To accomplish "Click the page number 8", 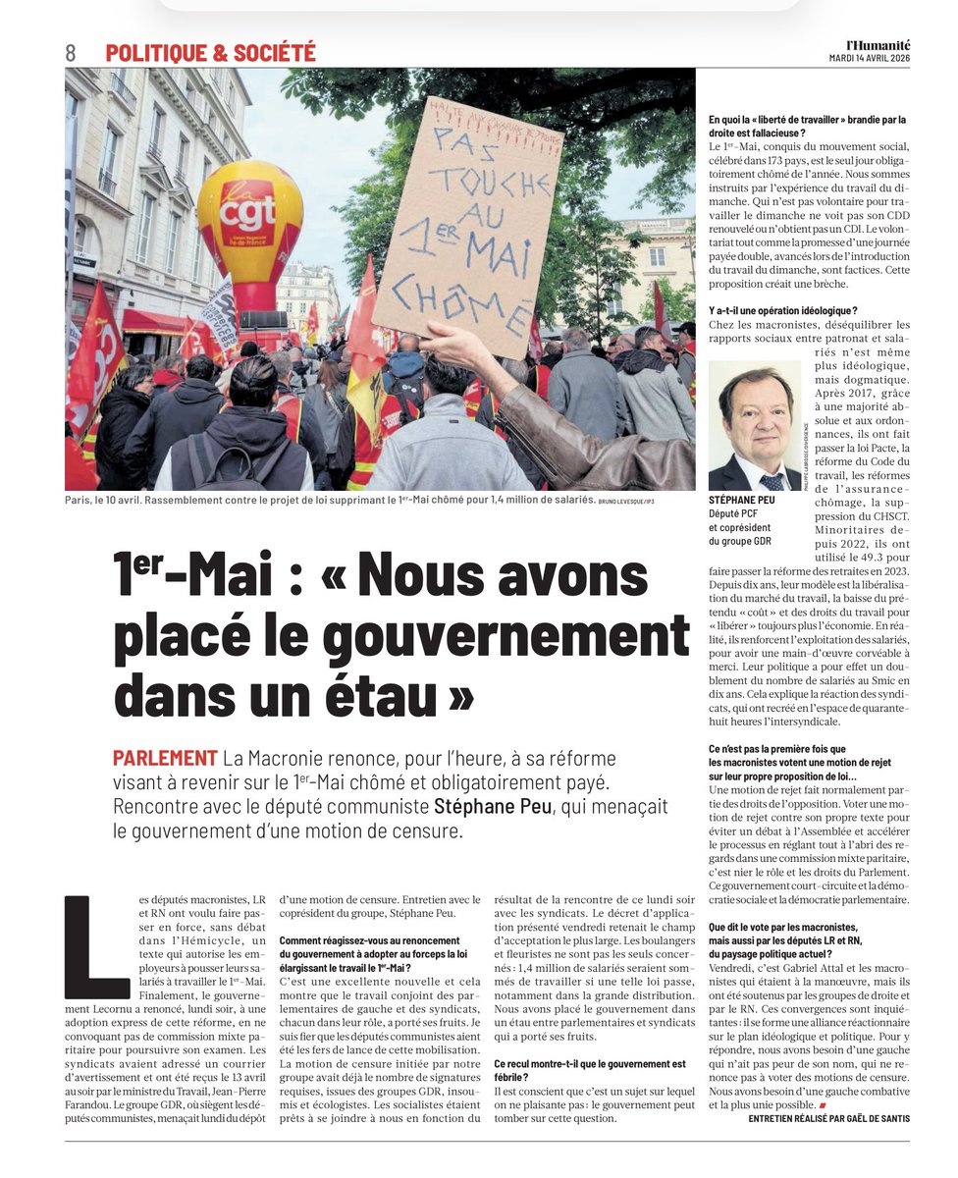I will click(71, 53).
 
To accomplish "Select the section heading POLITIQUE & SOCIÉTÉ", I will click(210, 53).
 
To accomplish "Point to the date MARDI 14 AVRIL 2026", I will click(870, 58).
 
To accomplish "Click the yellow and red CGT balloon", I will click(248, 225).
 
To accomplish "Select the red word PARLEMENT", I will click(164, 759).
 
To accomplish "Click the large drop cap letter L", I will click(95, 946).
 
